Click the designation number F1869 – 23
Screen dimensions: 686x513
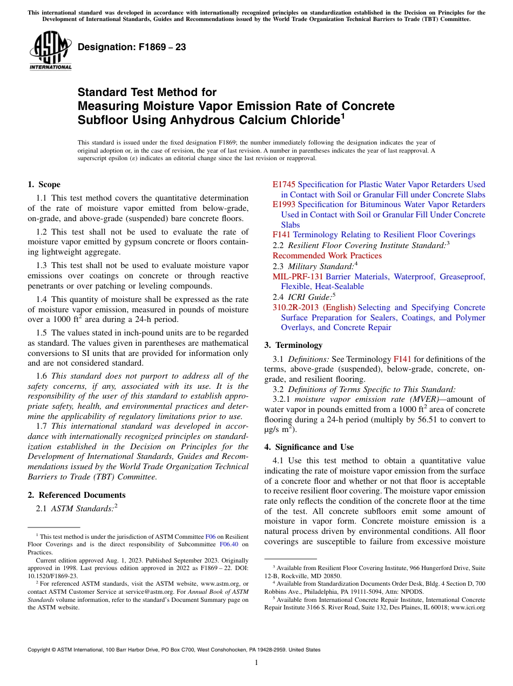click(132, 47)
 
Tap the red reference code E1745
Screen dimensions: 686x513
click(284, 184)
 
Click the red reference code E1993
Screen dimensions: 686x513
click(284, 204)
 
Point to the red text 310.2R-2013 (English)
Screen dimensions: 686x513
click(314, 307)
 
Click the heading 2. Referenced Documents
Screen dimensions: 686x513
click(76, 495)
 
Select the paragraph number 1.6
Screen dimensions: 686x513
click(42, 376)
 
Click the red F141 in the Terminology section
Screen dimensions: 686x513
click(402, 359)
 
